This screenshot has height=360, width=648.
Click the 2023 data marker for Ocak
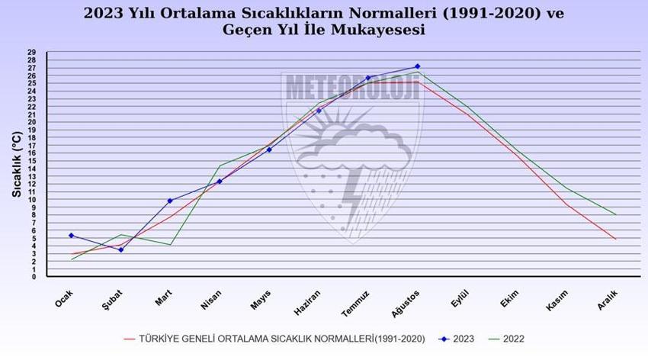pyautogui.click(x=71, y=235)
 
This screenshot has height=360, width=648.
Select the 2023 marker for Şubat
pyautogui.click(x=120, y=249)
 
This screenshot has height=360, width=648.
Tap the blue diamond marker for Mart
pyautogui.click(x=170, y=201)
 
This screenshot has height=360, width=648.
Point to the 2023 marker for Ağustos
pyautogui.click(x=417, y=66)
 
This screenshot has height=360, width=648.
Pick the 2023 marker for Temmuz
pyautogui.click(x=368, y=78)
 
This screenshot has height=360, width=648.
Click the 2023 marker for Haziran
pyautogui.click(x=319, y=111)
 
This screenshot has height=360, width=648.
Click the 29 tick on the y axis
pyautogui.click(x=31, y=52)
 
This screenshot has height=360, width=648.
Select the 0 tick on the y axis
pyautogui.click(x=34, y=277)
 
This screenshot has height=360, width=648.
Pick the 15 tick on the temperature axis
pyautogui.click(x=31, y=160)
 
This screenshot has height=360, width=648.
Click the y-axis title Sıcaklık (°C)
pyautogui.click(x=15, y=164)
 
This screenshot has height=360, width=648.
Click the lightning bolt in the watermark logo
pyautogui.click(x=352, y=202)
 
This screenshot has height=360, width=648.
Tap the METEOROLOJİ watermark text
pyautogui.click(x=351, y=88)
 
